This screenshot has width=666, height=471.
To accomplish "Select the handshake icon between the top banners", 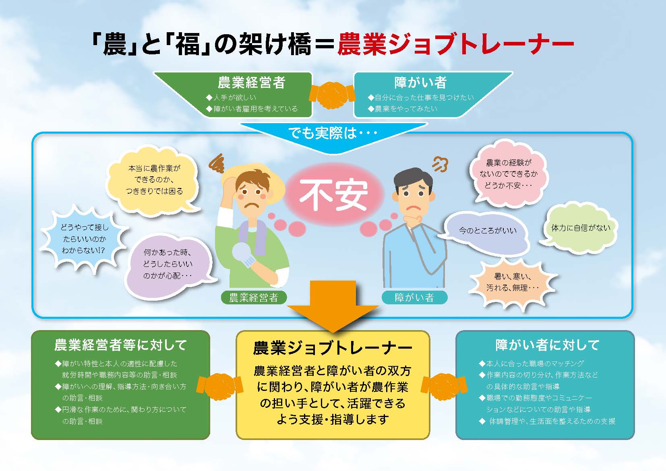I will (333, 95).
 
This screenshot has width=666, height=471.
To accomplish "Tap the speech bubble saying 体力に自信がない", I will (580, 228).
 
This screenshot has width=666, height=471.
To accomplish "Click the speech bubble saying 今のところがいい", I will (487, 231).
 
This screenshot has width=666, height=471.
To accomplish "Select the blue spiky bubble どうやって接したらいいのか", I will (85, 239).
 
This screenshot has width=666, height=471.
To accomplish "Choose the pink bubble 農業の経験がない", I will (508, 174).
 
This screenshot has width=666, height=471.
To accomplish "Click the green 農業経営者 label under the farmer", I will (254, 297).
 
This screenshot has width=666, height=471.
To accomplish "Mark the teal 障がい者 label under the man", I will (414, 297).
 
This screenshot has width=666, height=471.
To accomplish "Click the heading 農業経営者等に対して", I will (120, 345).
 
